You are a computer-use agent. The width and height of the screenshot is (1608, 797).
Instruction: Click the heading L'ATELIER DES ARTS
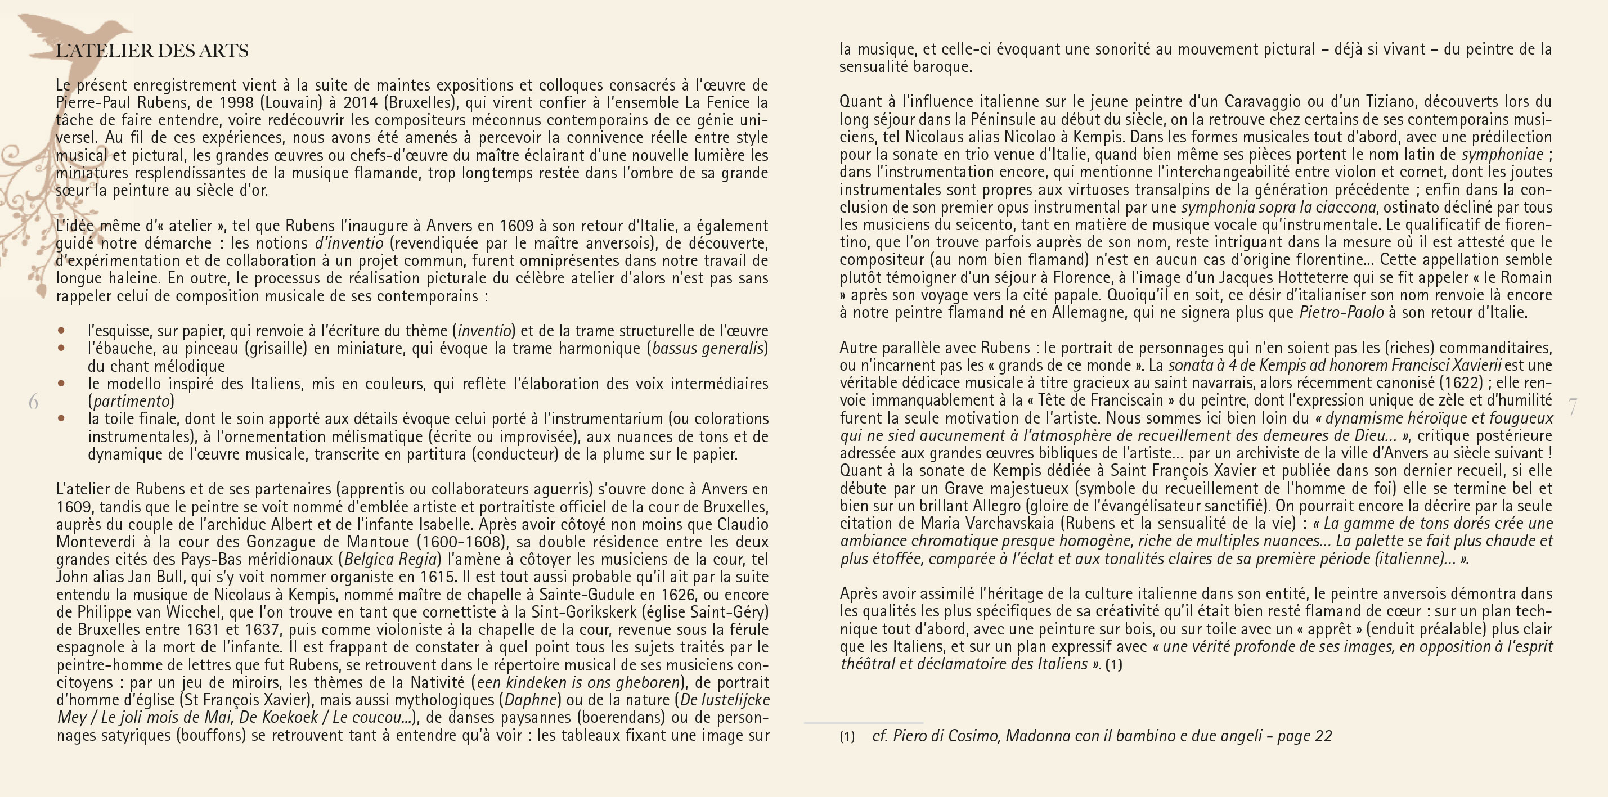pos(152,51)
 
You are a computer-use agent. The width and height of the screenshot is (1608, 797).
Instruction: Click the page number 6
pos(33,402)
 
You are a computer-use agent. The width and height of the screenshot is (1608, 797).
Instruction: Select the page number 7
pos(1573,407)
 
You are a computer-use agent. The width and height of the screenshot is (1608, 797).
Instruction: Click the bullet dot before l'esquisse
pos(61,330)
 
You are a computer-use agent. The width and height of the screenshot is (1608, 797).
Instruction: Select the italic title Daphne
pos(530,700)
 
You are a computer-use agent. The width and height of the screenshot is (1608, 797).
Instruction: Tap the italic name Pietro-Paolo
pos(1341,312)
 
